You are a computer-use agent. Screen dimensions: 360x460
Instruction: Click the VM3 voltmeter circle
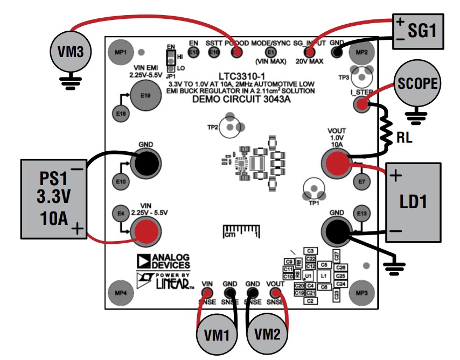(x=70, y=52)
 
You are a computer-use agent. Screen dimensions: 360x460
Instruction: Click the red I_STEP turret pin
(x=361, y=104)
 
